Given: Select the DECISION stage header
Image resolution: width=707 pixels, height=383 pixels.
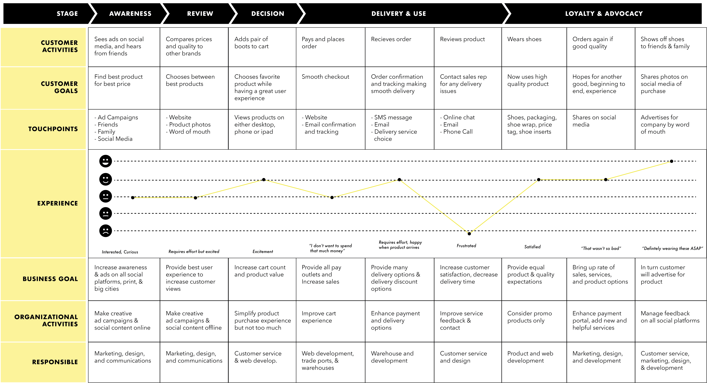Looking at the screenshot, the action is [x=268, y=14].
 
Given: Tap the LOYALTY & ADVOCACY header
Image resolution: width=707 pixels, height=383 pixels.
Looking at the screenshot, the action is [x=604, y=14].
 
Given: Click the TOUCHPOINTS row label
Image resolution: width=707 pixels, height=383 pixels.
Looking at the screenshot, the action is [x=53, y=129].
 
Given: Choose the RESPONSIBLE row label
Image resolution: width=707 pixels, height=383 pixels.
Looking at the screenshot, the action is [x=55, y=362].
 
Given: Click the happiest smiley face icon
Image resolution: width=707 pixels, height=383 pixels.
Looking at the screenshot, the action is [x=105, y=161].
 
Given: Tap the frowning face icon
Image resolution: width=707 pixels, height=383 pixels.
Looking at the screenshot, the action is [x=105, y=231].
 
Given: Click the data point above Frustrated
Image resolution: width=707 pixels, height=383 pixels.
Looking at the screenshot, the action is [x=469, y=234].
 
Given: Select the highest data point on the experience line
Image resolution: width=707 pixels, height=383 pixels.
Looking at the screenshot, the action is [x=672, y=161].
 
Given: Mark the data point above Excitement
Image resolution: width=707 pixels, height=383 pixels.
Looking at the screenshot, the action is [x=264, y=180].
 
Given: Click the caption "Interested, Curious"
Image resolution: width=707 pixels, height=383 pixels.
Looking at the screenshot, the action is [x=120, y=252].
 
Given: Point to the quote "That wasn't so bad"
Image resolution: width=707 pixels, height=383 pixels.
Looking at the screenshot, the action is [x=601, y=248].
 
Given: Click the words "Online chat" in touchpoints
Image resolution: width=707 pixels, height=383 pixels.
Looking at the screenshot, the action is [x=459, y=117].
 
